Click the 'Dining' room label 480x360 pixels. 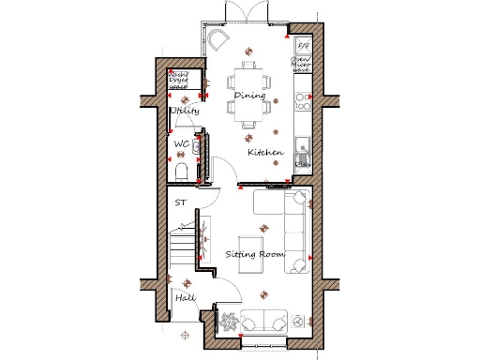[x=249, y=96]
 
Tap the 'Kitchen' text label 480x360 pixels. [x=265, y=152]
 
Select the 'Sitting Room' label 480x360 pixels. [x=254, y=254]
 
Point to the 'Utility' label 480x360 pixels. [x=184, y=111]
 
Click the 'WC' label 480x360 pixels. [x=183, y=144]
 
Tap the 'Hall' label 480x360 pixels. [x=184, y=298]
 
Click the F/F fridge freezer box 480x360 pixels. [x=303, y=44]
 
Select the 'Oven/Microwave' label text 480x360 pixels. [x=303, y=64]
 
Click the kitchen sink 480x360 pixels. [x=302, y=145]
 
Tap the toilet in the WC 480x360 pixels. [x=182, y=170]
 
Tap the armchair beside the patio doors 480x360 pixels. [x=218, y=38]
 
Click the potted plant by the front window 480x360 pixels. [x=229, y=321]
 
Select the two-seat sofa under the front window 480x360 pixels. [x=265, y=320]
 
